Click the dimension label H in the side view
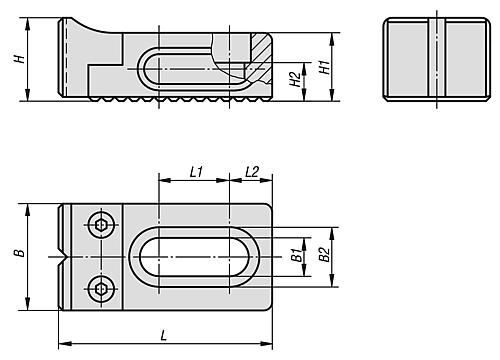click(20, 59)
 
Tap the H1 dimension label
click(325, 67)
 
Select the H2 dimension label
click(295, 79)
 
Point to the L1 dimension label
click(196, 172)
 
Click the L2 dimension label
click(252, 172)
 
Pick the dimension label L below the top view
click(163, 335)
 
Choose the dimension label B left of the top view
click(20, 253)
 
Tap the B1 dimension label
click(297, 255)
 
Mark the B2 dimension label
click(324, 254)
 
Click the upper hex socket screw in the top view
click(101, 225)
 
